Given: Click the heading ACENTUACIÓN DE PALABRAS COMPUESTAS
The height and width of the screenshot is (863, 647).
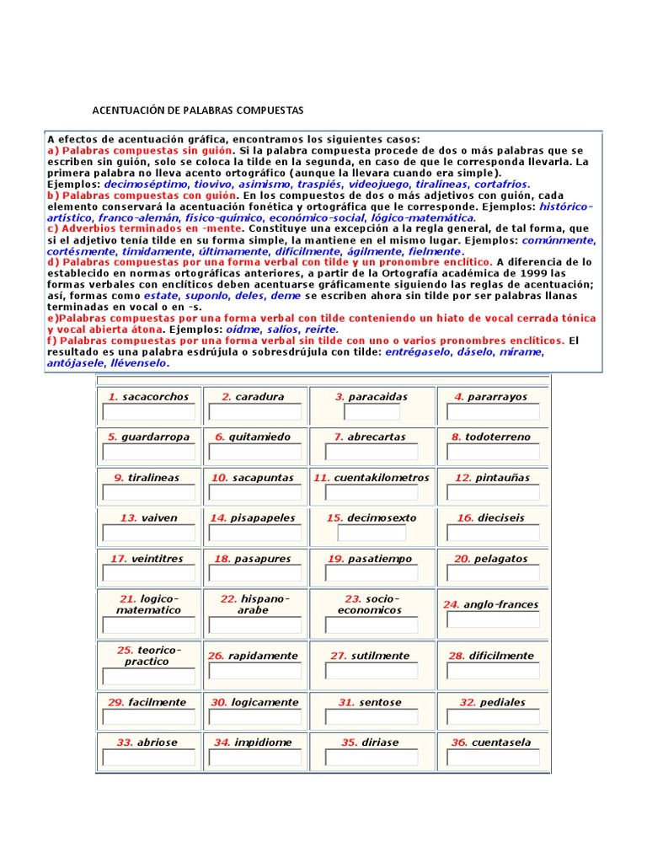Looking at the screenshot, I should coord(197,110).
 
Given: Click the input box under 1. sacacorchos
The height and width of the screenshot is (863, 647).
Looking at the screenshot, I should coord(148,412).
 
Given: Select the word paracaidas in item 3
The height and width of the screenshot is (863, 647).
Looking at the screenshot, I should coord(377,397).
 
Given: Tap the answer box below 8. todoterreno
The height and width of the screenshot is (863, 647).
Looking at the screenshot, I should coord(492,453).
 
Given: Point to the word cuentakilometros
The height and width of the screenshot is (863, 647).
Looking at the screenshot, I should coord(382,478).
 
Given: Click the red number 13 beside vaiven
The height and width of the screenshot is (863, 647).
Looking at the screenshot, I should coord(128,518).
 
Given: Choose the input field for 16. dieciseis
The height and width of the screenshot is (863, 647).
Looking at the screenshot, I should coord(492,533).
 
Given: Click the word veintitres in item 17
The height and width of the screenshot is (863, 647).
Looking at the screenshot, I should coord(157,559).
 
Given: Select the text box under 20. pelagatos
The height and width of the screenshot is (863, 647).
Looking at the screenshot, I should coord(492,574).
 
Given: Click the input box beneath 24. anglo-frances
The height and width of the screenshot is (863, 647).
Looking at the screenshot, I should coord(492,620).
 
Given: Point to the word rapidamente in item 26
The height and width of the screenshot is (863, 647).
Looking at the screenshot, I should coord(263,656).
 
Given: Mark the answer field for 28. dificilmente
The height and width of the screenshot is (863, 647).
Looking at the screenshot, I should coord(492,672).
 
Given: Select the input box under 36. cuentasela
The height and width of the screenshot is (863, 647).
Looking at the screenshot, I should coord(492,758).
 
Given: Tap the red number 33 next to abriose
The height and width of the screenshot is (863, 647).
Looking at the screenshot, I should coord(125,742).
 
